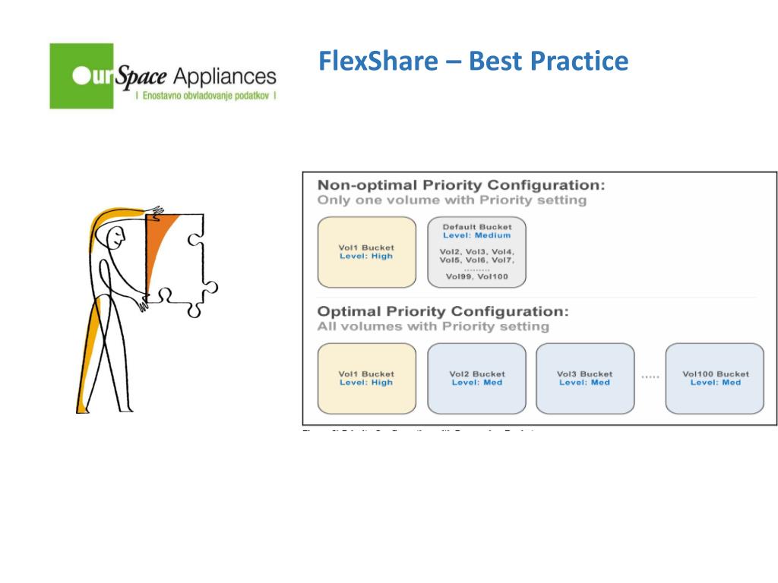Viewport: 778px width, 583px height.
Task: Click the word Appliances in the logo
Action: [225, 77]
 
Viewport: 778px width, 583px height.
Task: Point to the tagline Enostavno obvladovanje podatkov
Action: [205, 97]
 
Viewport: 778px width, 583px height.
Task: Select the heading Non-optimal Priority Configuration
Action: [460, 186]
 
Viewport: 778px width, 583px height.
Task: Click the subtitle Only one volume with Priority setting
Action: [451, 200]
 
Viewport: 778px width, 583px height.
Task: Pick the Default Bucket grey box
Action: [476, 252]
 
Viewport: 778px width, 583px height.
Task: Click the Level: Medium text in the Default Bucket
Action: [476, 235]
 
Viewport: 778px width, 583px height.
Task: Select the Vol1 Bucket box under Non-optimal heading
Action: [366, 252]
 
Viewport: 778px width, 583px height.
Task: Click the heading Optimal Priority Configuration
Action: [442, 312]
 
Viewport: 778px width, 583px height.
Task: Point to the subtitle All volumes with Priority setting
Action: [432, 326]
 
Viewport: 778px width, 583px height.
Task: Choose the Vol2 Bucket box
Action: [476, 378]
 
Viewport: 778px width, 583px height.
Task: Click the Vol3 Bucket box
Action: [584, 378]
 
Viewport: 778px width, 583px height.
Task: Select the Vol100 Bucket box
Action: [715, 378]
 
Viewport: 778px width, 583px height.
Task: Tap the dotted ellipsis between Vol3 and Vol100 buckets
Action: [650, 377]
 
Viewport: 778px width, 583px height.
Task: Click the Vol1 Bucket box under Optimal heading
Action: [366, 378]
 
